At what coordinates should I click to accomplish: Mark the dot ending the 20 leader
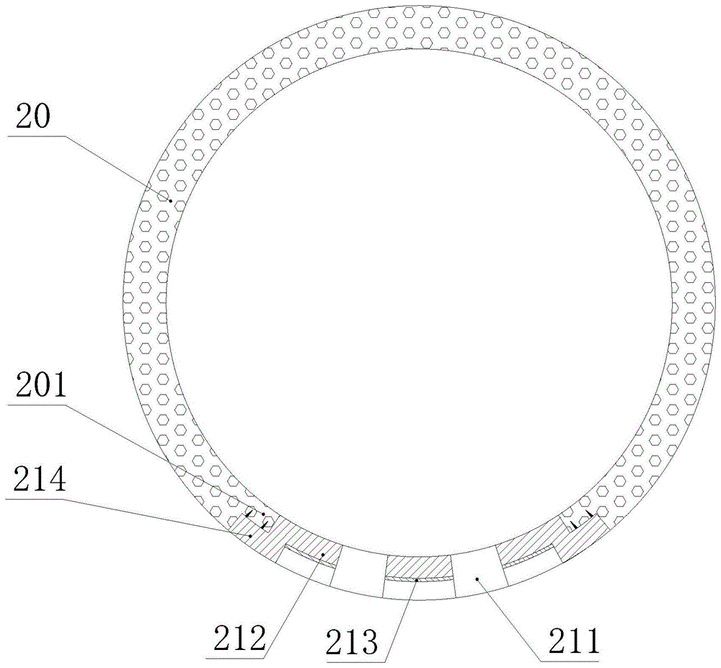[x=170, y=201]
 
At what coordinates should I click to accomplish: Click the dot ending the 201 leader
[x=263, y=514]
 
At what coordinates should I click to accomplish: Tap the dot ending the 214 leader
[x=250, y=535]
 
